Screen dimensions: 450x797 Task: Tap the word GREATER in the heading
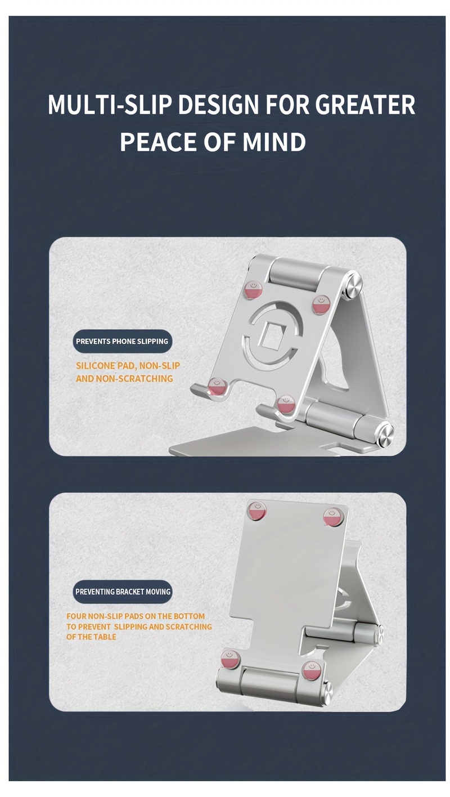(x=364, y=105)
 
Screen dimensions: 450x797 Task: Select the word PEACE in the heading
(x=158, y=142)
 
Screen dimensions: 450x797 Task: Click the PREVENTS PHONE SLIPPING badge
(x=122, y=341)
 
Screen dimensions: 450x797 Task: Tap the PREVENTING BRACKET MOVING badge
(x=123, y=592)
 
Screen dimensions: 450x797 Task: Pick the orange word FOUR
(x=76, y=616)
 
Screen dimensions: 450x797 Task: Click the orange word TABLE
(x=105, y=637)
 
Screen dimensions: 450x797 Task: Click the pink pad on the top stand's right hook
(x=286, y=404)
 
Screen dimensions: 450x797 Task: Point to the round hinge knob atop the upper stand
(x=353, y=286)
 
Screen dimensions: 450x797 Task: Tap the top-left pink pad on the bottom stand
(x=256, y=511)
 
